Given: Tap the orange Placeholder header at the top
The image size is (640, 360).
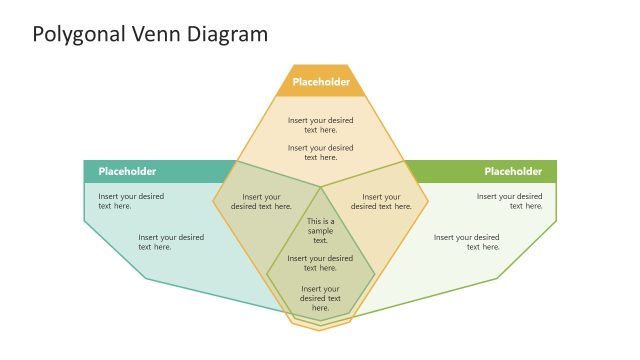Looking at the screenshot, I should tap(320, 82).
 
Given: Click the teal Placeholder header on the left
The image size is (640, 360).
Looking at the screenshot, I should tap(127, 171).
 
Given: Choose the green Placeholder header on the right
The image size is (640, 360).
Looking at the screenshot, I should tap(513, 171).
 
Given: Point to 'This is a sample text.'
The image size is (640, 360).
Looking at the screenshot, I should tap(320, 230).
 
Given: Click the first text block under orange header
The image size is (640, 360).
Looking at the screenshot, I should tap(320, 125).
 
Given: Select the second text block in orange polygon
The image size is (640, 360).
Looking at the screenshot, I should tap(320, 152).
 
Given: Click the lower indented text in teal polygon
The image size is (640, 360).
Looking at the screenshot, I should tap(171, 242).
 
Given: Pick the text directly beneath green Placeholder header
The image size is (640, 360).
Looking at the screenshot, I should tap(509, 201).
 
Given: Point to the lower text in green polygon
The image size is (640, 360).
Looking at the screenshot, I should tap(466, 242).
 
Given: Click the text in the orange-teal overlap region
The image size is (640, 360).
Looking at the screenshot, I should tap(261, 202).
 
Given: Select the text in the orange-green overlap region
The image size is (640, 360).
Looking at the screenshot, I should tap(381, 202).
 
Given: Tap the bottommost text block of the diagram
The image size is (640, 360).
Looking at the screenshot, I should tap(320, 298).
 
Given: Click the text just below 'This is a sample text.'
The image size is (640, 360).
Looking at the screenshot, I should tap(320, 263).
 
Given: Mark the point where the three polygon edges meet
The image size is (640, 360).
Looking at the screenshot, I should tap(320, 186).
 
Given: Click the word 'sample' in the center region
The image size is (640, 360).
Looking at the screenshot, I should tap(320, 230).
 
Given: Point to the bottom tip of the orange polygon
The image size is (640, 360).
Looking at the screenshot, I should tap(320, 326).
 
